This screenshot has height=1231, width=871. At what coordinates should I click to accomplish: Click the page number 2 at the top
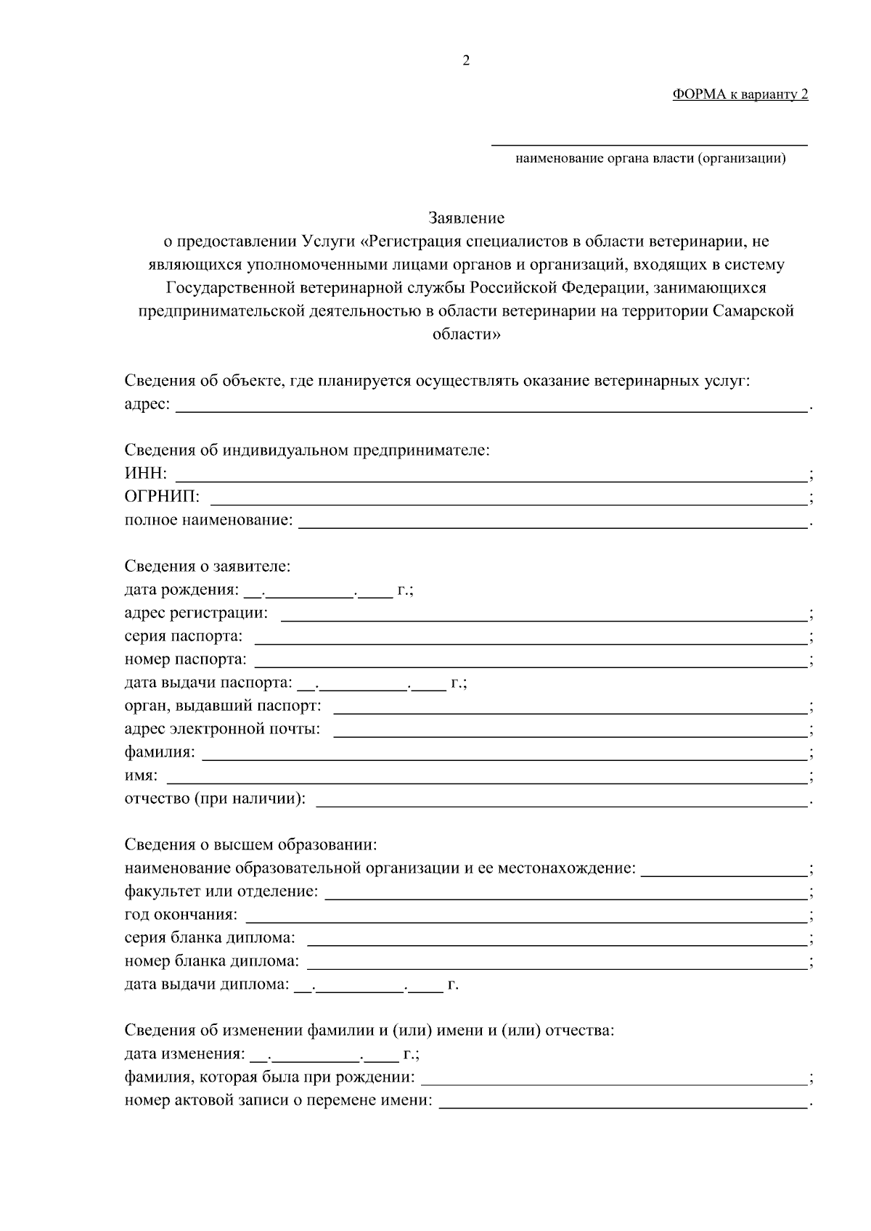(466, 61)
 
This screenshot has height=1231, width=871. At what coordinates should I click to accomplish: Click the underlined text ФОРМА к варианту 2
(740, 94)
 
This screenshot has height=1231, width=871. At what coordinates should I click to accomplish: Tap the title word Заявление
(466, 218)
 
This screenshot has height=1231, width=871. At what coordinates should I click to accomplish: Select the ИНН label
(145, 474)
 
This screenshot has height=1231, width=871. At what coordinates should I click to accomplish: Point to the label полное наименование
(208, 520)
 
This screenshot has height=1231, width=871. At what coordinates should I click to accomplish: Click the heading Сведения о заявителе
(207, 566)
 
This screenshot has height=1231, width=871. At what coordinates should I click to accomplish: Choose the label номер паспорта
(185, 659)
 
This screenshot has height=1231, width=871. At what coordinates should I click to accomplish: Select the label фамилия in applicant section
(159, 752)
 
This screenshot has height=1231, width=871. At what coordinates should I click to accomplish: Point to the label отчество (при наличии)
(215, 799)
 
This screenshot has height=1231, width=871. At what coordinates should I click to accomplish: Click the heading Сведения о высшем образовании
(250, 845)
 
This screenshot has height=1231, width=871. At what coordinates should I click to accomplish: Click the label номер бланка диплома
(211, 961)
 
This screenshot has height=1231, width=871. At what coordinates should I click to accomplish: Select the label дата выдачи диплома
(207, 984)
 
